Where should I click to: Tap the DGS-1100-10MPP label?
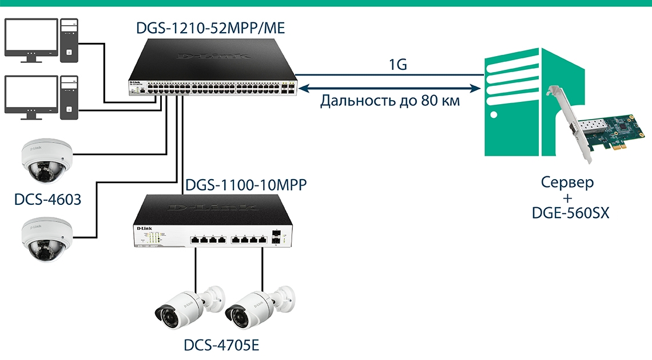tap(246, 185)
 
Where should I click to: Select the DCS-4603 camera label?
tap(48, 200)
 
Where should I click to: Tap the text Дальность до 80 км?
tap(391, 102)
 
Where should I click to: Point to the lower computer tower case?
tap(69, 97)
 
